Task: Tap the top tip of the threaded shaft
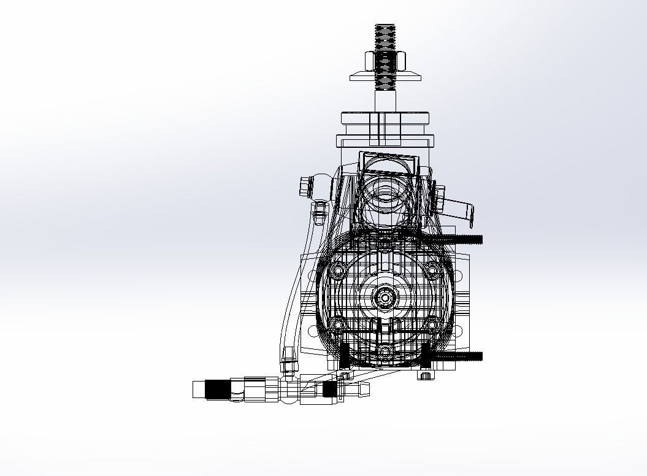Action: (x=385, y=26)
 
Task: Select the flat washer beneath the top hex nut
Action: (x=385, y=77)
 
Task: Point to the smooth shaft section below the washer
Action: (x=385, y=98)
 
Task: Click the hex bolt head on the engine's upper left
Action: (x=305, y=185)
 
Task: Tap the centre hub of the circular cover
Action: (x=385, y=298)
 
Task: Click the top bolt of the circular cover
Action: (x=385, y=244)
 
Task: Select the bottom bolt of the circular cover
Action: (x=385, y=351)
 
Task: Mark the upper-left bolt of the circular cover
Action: (x=337, y=271)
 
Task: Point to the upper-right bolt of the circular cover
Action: (x=432, y=271)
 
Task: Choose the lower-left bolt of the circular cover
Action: (x=337, y=324)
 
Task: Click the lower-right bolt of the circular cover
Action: (x=432, y=324)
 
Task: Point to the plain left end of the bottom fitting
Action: (x=198, y=390)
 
